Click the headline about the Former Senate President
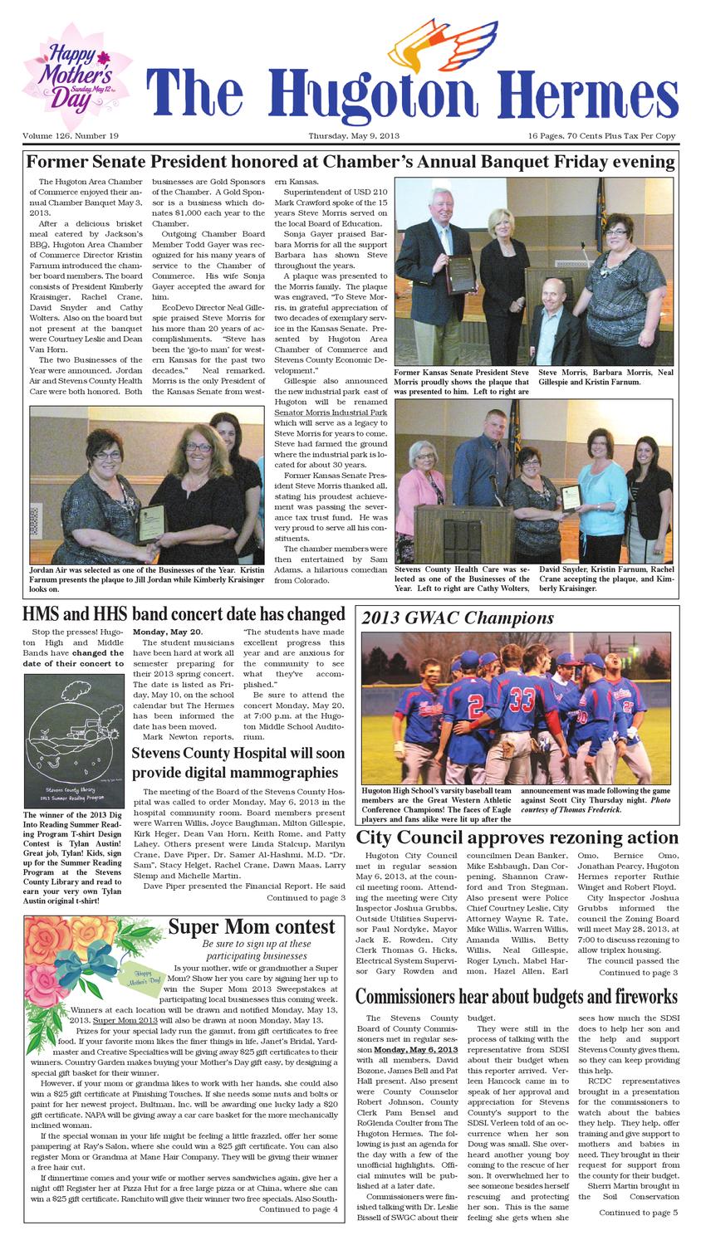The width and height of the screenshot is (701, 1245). click(350, 161)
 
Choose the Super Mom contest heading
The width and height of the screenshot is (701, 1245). click(252, 927)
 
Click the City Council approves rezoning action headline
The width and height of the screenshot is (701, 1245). click(517, 837)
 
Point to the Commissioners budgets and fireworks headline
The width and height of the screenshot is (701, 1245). click(517, 996)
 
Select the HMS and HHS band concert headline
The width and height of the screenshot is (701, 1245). click(184, 614)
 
